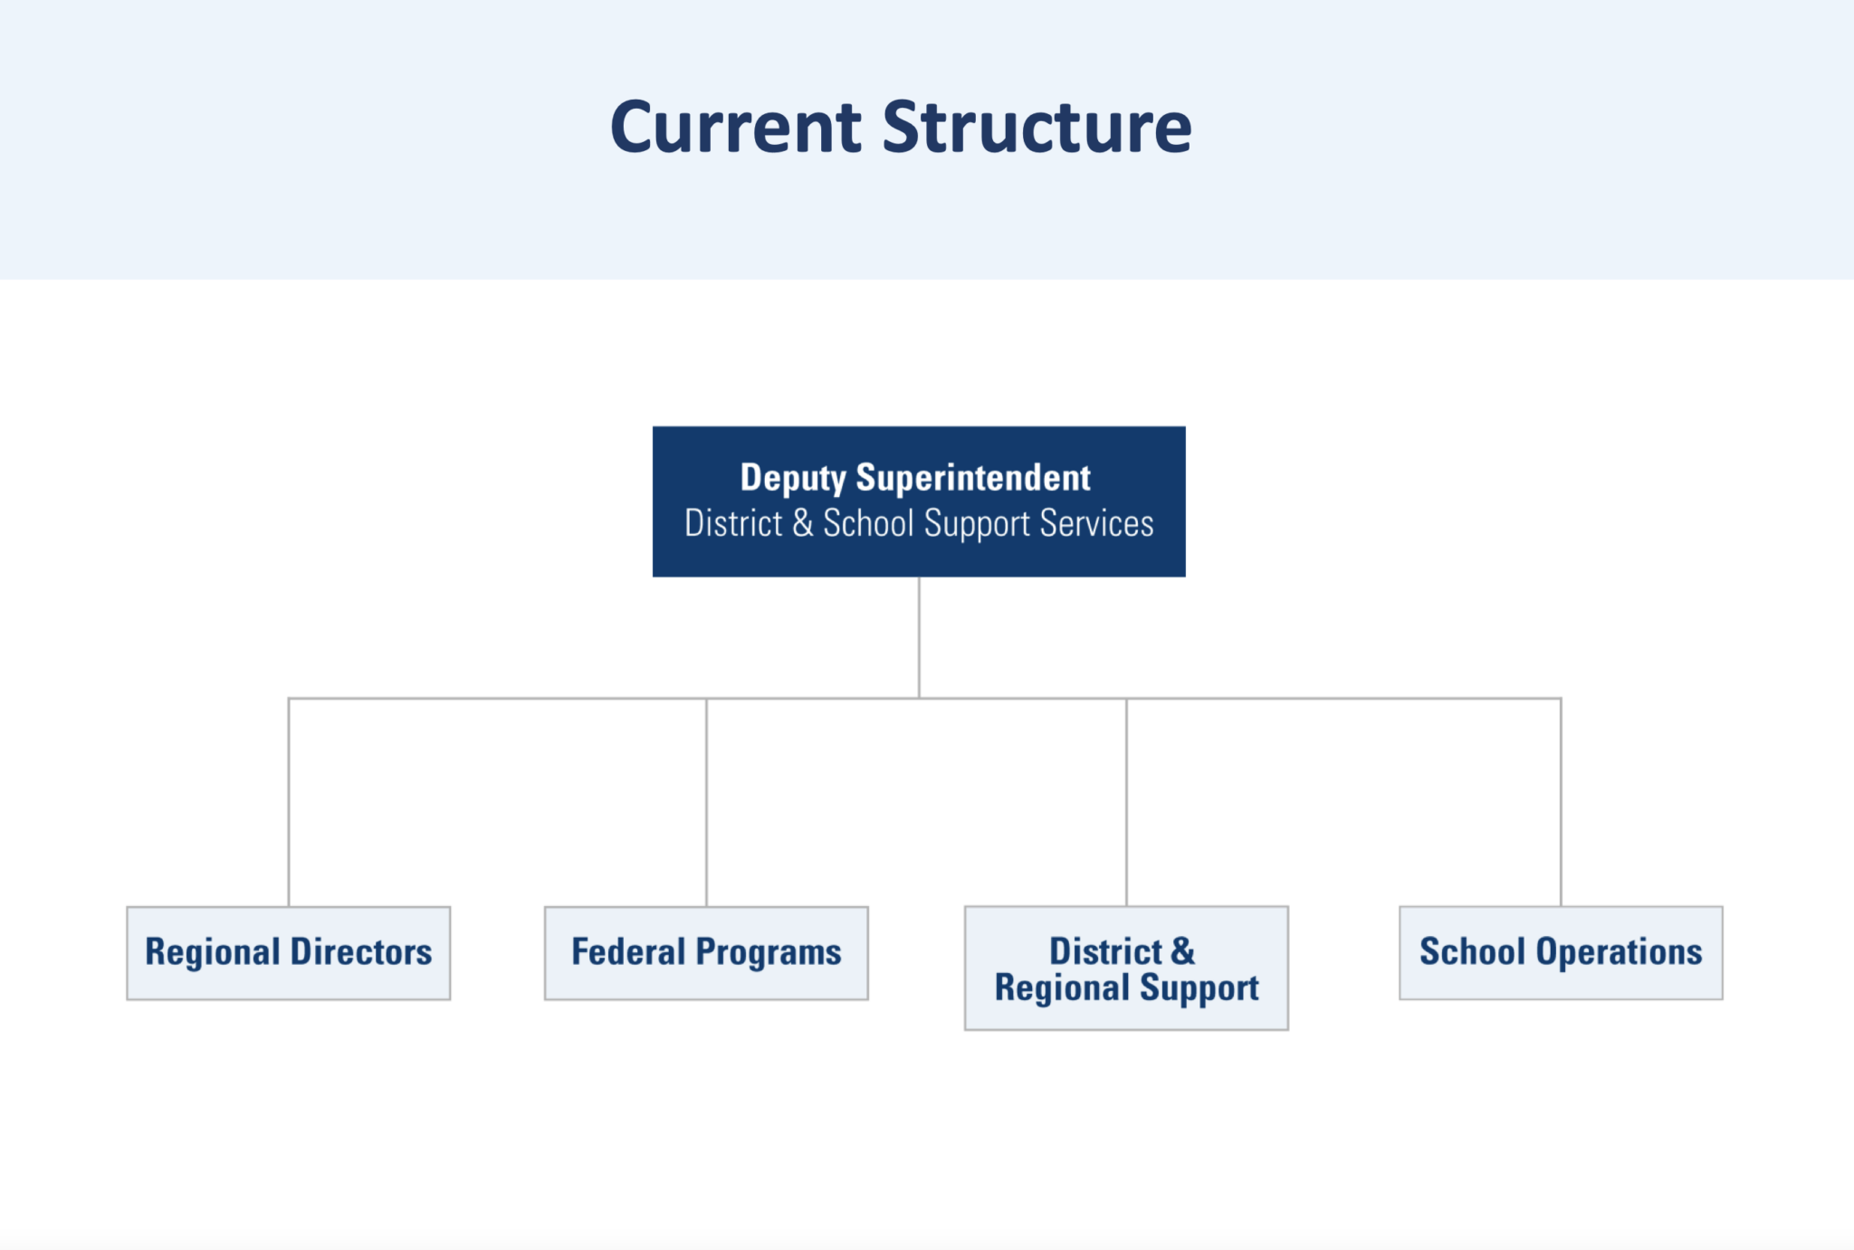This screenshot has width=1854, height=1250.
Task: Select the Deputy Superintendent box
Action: tap(919, 501)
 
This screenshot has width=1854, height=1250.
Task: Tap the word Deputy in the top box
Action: tap(793, 478)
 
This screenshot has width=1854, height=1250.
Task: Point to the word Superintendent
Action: tap(973, 478)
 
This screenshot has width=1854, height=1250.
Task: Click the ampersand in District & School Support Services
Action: tap(803, 523)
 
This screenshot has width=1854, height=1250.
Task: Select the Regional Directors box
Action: tap(288, 953)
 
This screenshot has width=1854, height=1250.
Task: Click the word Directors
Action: tap(360, 952)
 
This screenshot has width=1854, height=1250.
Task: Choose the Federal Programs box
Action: tap(706, 953)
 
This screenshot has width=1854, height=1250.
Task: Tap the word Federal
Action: tap(628, 952)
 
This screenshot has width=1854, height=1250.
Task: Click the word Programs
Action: tap(769, 953)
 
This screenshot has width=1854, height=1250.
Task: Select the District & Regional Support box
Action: tap(1126, 969)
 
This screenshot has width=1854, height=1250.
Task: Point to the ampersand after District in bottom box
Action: tap(1182, 951)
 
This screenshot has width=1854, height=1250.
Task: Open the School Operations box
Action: tap(1561, 953)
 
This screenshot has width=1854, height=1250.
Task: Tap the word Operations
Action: tap(1619, 952)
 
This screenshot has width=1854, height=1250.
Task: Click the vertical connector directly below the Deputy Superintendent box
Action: tap(919, 637)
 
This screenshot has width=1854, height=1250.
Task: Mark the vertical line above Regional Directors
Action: tap(289, 802)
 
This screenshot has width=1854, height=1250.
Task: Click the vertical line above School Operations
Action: tap(1561, 802)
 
